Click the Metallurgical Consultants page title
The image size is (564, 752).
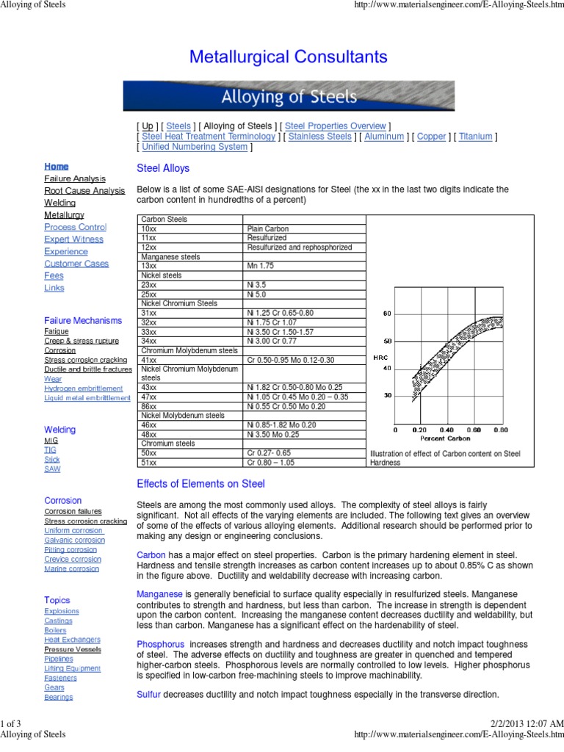(x=289, y=57)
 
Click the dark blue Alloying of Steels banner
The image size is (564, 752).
(x=289, y=96)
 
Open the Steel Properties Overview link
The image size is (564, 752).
(x=336, y=126)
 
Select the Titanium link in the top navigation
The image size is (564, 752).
(x=475, y=137)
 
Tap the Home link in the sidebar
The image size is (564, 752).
(x=56, y=167)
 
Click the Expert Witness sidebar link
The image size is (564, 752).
(x=73, y=239)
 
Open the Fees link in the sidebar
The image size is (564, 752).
(x=54, y=276)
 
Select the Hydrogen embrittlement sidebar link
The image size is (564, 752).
(x=83, y=388)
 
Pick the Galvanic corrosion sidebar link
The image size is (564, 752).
(x=74, y=540)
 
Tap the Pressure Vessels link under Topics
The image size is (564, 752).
(x=73, y=649)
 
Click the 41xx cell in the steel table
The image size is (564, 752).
(x=149, y=360)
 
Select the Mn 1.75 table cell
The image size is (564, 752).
(x=261, y=266)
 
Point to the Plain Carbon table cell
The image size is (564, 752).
(x=268, y=228)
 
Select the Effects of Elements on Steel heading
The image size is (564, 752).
(x=201, y=484)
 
